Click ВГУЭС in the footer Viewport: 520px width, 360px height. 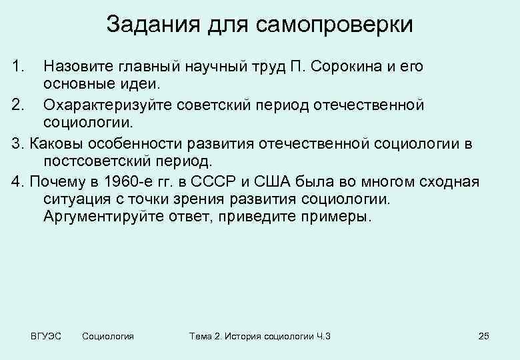click(46, 336)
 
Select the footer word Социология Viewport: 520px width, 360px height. click(107, 336)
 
